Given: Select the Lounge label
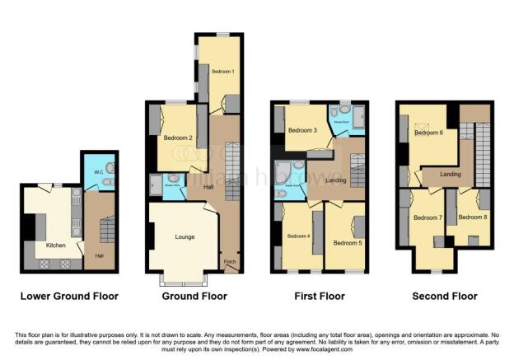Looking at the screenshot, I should pos(185,236).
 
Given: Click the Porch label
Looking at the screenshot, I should pos(230,263).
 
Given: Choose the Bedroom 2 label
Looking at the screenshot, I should pos(179,138).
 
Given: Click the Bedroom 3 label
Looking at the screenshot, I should pos(303,131).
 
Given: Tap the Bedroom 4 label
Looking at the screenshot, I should pos(299,236).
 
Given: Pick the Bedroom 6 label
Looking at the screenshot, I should pos(429,133).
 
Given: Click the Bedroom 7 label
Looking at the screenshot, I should pos(428,217).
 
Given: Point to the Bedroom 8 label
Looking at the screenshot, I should pos(471,217).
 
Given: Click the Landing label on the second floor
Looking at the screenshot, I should pos(450,174).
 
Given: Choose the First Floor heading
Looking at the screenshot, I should pos(321,296).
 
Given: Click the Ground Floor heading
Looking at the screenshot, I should pos(194,296).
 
